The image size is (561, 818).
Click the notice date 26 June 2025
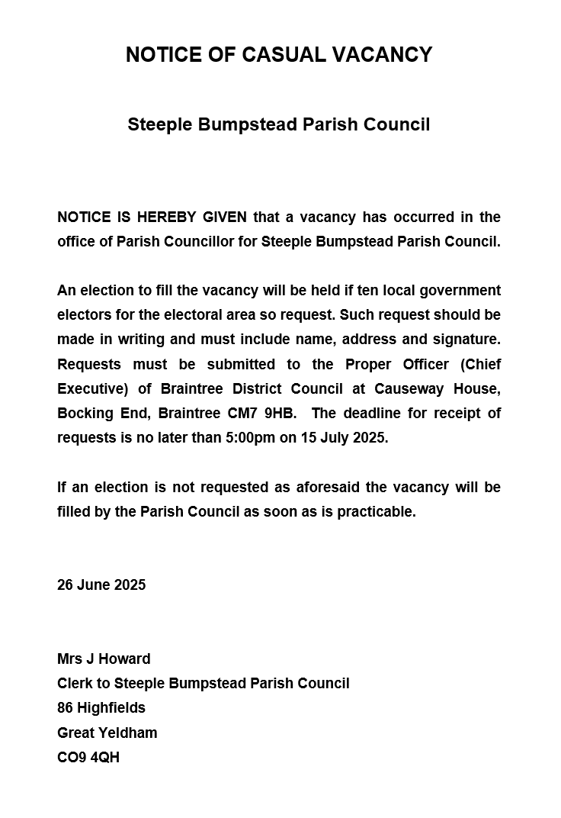101,585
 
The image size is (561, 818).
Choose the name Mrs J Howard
104,659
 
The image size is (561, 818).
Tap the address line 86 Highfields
101,708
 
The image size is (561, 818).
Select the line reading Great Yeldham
107,733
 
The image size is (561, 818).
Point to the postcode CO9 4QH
88,758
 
